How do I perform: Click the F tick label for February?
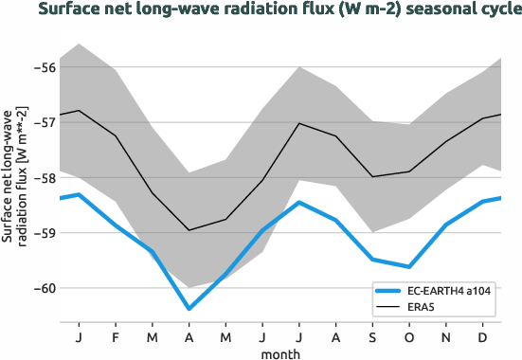(x=116, y=336)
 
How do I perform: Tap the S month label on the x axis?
(x=372, y=336)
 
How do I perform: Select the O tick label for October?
(x=409, y=336)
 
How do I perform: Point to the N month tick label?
(x=446, y=336)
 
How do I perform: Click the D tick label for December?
(x=483, y=336)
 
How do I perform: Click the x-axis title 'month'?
(x=281, y=352)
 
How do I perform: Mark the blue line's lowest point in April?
(x=189, y=309)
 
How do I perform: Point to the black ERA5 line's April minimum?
(x=189, y=230)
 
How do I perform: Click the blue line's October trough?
(x=409, y=267)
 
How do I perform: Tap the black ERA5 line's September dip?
(x=372, y=176)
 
